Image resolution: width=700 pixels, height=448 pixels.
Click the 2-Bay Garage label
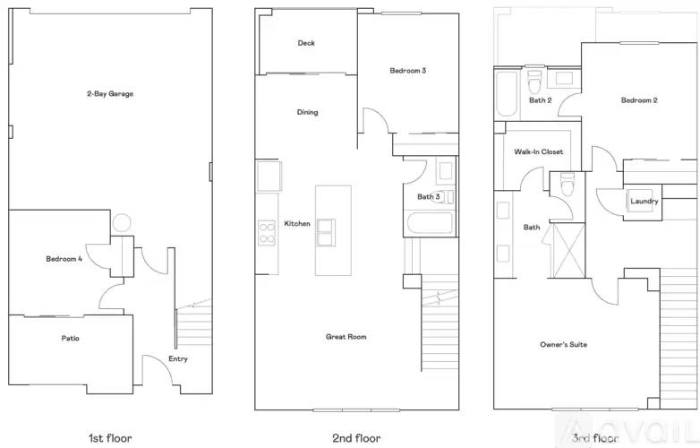pos(110,94)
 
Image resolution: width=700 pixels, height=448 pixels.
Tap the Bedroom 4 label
pos(64,259)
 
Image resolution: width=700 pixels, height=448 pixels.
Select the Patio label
pos(70,339)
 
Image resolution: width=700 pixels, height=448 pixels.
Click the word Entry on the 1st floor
pos(177,358)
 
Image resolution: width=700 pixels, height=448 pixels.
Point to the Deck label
pos(306,43)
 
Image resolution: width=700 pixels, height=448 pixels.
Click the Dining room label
pos(308,112)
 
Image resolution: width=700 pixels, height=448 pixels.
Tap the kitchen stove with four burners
pos(267,233)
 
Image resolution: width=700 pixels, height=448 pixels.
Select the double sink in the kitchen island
pos(326,232)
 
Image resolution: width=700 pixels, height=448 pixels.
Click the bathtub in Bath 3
pos(430,223)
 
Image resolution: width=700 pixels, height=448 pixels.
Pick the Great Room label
pos(346,337)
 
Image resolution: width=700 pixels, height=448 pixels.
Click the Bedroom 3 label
pos(407,71)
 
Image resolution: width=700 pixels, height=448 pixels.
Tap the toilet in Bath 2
pos(534,81)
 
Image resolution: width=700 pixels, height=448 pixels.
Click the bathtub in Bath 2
pos(507,94)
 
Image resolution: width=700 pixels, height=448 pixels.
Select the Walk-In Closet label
pos(538,151)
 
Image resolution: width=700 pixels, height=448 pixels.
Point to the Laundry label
pos(645,201)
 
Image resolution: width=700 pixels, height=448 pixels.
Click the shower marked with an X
pos(568,251)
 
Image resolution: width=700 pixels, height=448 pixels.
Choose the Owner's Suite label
pos(563,344)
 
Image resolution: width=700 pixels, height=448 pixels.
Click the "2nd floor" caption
pos(356,438)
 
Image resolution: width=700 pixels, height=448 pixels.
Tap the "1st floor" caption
pos(110,438)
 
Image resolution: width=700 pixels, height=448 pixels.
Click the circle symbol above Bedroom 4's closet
pos(122,222)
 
